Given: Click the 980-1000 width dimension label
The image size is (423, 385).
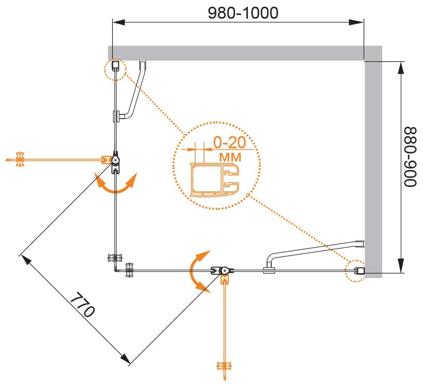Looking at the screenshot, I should [243, 13].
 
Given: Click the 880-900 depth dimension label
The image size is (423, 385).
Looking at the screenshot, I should [410, 156].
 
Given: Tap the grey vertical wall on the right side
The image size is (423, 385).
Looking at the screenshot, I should [373, 166].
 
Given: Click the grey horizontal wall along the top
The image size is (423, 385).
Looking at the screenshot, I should [238, 53].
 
